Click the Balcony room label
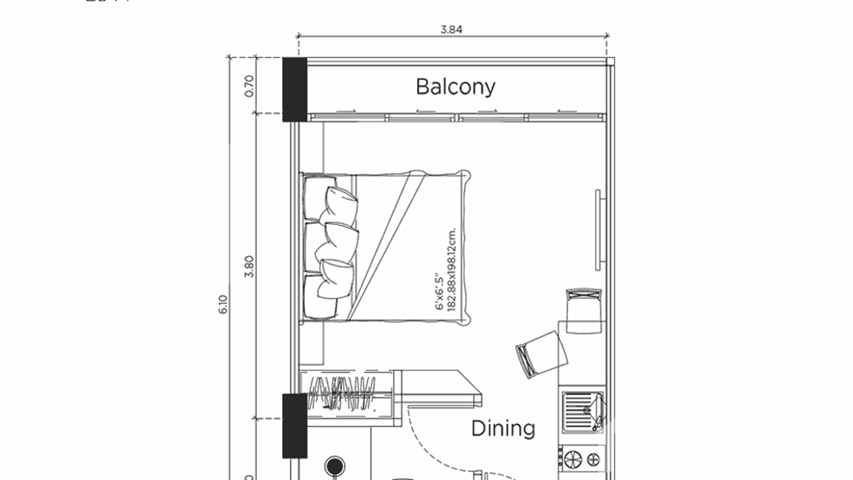point(455,86)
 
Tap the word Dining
point(503,428)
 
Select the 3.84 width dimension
point(452,29)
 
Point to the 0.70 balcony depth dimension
point(249,85)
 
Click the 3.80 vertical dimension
point(249,266)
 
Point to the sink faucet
point(598,411)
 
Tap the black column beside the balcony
point(294,89)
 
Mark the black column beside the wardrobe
point(294,425)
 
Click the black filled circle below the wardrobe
point(334,466)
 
